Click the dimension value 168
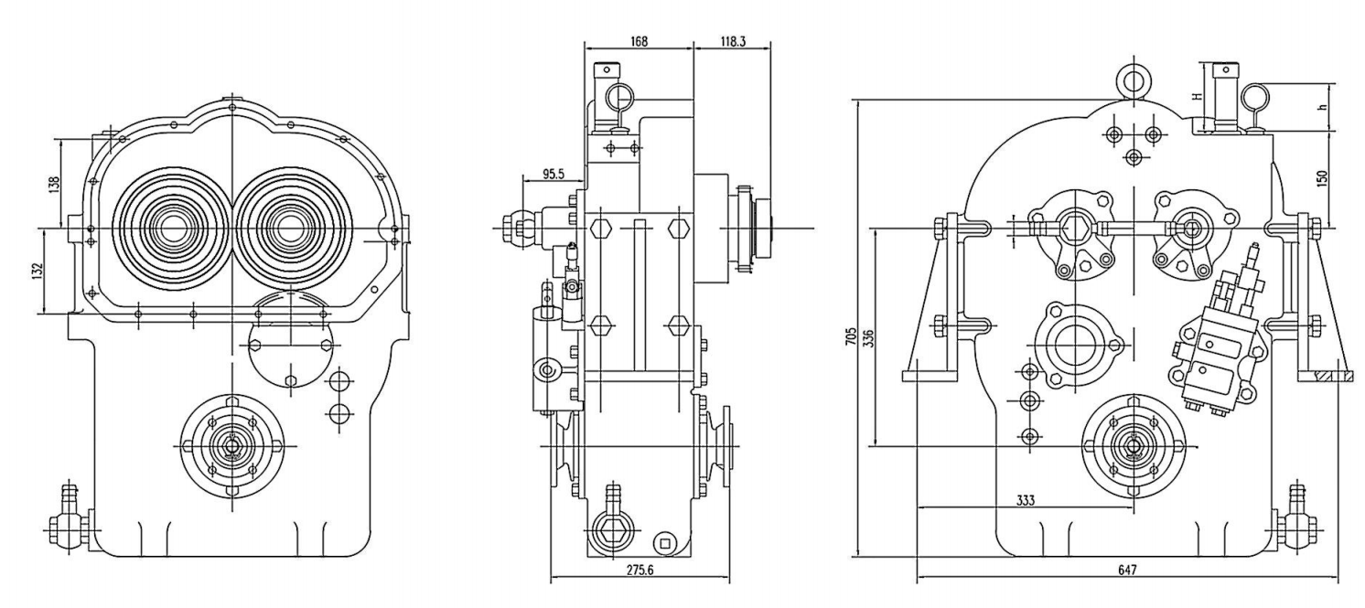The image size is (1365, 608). tap(639, 41)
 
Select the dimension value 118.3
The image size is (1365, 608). tap(733, 41)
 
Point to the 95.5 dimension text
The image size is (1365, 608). tap(554, 175)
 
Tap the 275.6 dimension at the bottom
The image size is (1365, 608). tap(640, 571)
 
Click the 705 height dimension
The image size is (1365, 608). tap(852, 336)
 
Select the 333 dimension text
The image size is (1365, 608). tap(1026, 500)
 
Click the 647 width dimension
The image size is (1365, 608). tap(1127, 571)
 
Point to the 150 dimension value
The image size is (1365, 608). tap(1322, 178)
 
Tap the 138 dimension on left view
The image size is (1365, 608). tap(54, 183)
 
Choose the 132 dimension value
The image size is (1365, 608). tap(38, 271)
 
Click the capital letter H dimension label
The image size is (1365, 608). tap(1197, 96)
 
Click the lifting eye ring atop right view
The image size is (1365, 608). tap(1134, 81)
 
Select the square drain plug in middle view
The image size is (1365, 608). tap(664, 542)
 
